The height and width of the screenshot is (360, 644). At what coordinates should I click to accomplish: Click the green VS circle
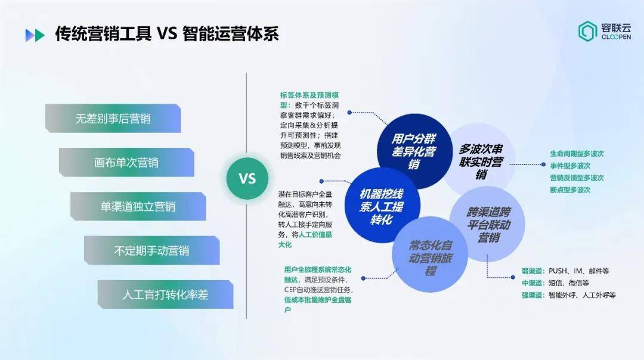pos(247,179)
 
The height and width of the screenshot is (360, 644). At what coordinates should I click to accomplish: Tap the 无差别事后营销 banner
pos(113,118)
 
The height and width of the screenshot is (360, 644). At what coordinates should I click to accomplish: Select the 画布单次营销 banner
pos(126,162)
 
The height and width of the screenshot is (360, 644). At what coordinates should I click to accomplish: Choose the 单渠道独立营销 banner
pos(138,206)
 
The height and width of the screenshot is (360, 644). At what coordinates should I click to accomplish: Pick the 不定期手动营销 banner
pos(151,250)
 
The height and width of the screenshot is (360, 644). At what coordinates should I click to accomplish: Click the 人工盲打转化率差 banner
pos(166,294)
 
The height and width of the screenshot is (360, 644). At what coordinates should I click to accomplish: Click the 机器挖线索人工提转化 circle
pos(382,206)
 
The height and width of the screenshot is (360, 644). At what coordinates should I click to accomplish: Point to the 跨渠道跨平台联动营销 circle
pos(488,224)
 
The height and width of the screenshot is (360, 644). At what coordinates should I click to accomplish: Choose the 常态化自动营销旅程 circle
pos(430,255)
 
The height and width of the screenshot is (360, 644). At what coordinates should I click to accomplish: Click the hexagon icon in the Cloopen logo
pos(588,32)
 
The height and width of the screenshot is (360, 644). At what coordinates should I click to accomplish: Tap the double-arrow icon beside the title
pos(35,35)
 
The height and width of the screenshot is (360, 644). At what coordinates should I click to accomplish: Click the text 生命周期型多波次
pos(577,154)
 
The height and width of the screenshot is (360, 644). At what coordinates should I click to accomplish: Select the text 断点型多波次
pos(570,190)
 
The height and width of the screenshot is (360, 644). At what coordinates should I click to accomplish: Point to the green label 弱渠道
pos(532,271)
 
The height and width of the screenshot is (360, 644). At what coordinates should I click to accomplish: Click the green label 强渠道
pos(532,295)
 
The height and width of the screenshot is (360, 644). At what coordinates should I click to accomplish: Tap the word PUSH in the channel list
pos(558,271)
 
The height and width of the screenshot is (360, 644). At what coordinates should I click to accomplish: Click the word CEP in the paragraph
pos(290,290)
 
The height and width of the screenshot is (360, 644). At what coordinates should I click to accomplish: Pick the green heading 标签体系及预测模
pos(309,95)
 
